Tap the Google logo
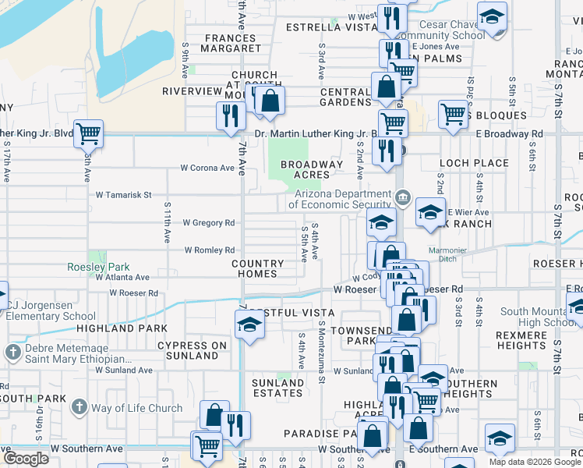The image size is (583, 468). point(26,458)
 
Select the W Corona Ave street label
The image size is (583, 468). point(207,168)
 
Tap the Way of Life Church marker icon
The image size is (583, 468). point(79,407)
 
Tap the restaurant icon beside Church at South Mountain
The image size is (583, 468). point(230,115)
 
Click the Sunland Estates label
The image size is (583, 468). point(277,388)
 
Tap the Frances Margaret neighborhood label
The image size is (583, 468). point(231,43)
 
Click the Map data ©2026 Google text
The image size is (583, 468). point(534,462)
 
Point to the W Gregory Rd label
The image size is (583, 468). point(209,223)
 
